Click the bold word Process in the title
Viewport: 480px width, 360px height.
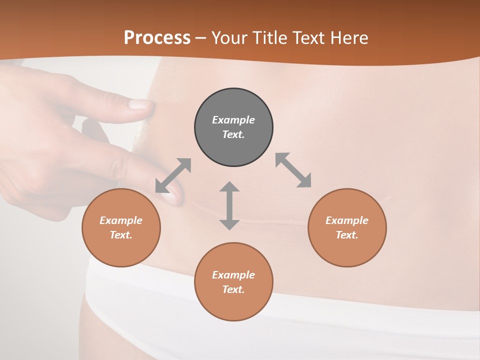coord(157,38)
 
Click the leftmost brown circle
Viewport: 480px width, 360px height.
coord(121,227)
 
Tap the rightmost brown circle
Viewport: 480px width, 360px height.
coord(347,227)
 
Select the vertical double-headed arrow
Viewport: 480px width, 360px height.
coord(229,206)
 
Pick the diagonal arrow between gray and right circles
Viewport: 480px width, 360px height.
coord(293,170)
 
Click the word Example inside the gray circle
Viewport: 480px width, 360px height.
coord(233,120)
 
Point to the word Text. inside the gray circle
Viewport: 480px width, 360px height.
coord(233,134)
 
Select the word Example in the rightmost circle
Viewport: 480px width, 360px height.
coord(347,220)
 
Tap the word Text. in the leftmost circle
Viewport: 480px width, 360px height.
coord(121,235)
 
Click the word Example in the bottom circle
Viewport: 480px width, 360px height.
coord(233,275)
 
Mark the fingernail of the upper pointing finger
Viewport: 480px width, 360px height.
coord(140,104)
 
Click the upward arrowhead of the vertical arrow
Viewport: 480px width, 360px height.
coord(229,187)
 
